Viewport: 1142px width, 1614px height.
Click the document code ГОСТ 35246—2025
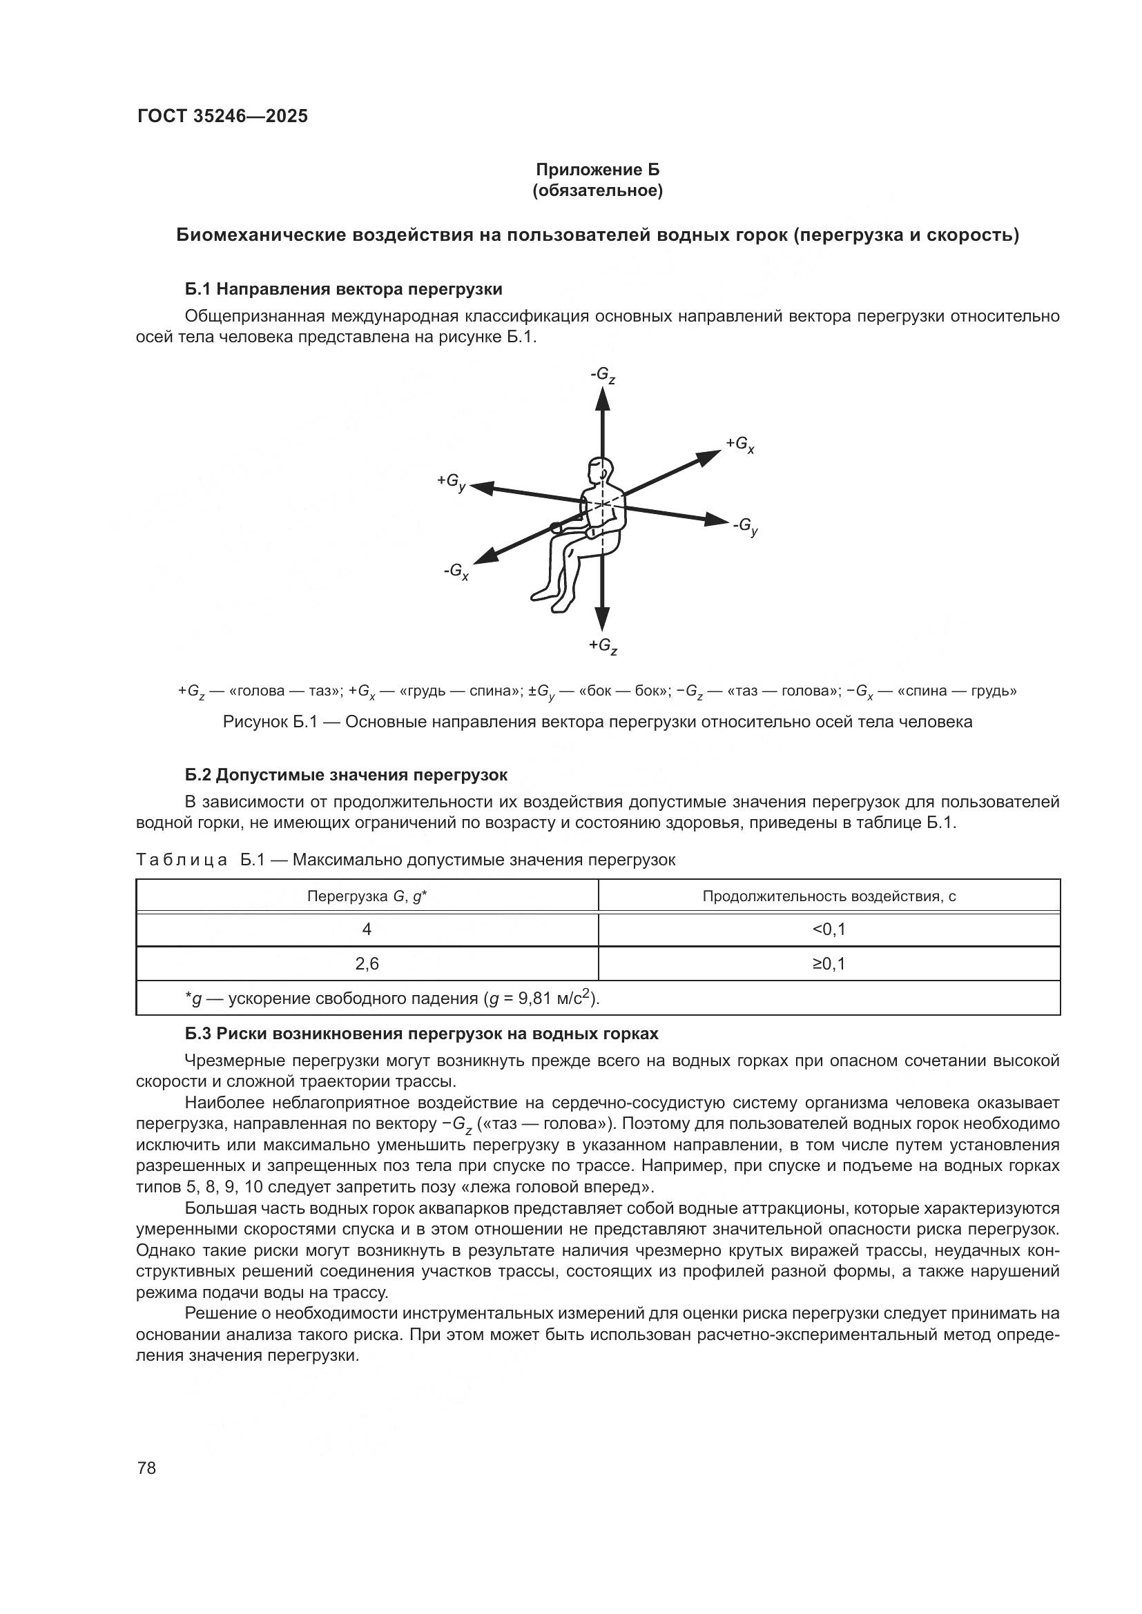(222, 117)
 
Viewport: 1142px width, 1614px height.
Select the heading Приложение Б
(598, 170)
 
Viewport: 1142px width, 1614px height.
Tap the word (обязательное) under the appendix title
(598, 191)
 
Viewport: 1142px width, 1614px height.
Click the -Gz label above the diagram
(603, 375)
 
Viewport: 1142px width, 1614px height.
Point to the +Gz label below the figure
(603, 646)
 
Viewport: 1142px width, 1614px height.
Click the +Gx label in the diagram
(739, 444)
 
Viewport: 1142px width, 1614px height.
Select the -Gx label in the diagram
(456, 571)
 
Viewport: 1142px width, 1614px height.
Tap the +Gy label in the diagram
(452, 482)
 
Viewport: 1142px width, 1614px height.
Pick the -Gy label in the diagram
(746, 526)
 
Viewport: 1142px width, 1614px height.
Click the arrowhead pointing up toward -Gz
(602, 399)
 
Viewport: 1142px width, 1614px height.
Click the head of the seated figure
(600, 471)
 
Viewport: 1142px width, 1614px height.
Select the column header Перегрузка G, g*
(367, 896)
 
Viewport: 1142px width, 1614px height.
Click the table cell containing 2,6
(367, 964)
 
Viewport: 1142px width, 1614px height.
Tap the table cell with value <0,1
(829, 929)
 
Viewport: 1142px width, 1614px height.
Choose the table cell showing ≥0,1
(829, 964)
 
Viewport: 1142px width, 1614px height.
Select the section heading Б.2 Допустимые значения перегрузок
(346, 775)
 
